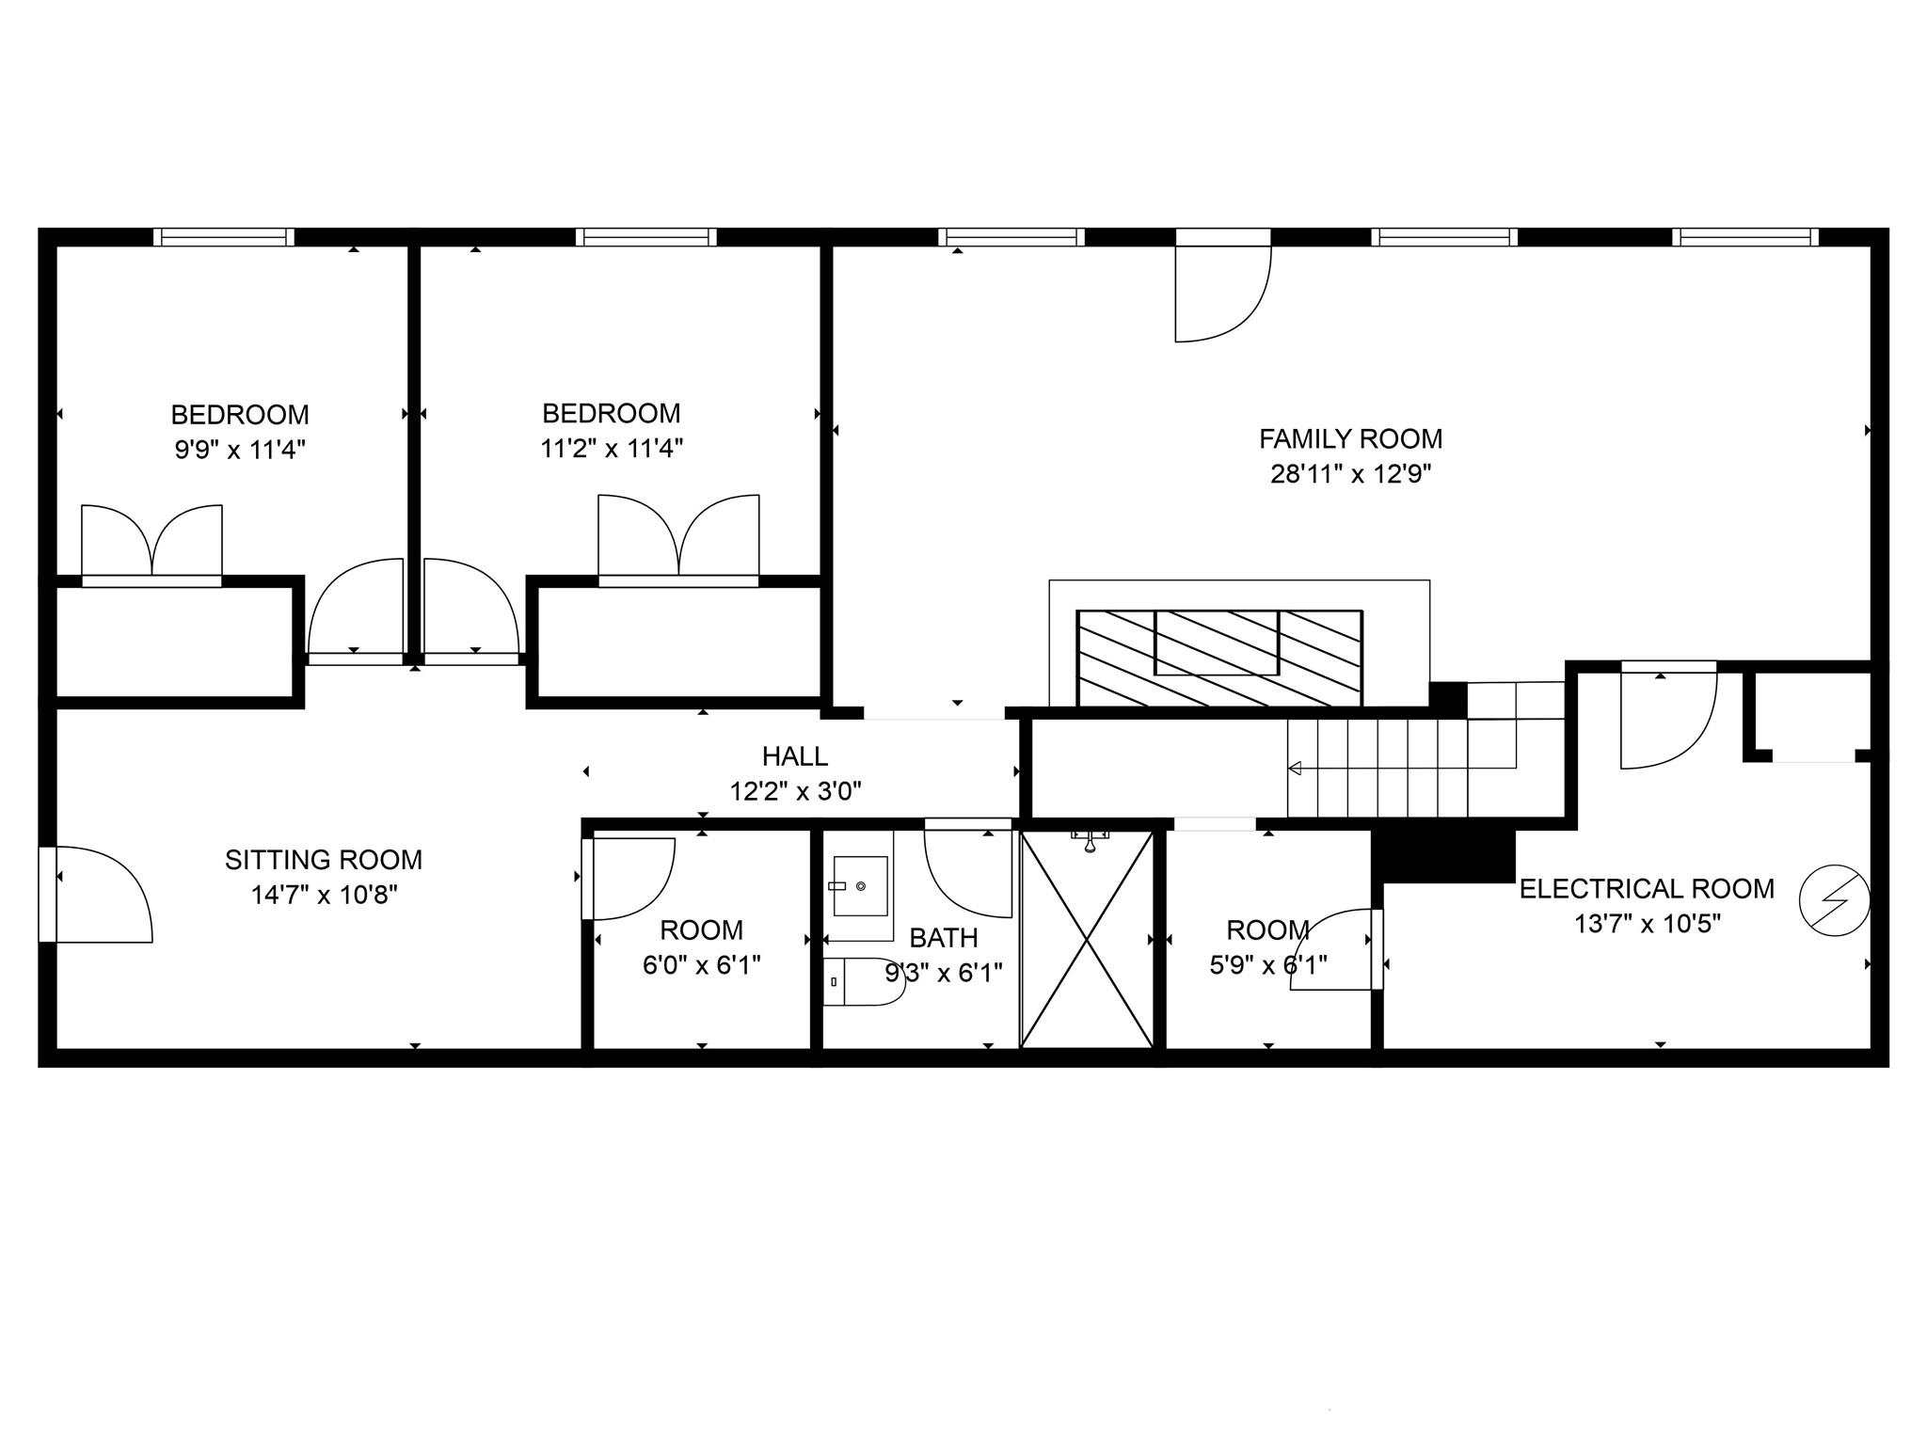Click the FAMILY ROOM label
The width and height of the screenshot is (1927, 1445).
1350,439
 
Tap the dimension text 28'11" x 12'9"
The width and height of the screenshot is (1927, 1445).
1350,474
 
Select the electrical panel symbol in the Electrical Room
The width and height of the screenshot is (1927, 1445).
1834,901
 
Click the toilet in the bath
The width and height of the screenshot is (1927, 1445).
861,981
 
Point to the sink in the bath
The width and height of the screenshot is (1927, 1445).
860,885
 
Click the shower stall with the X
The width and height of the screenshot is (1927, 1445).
1087,939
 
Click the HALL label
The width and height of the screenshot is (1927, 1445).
795,756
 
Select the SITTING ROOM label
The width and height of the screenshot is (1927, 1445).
324,860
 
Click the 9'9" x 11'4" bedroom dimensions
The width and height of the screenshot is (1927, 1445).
240,450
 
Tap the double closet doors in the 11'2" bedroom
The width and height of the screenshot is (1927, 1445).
678,536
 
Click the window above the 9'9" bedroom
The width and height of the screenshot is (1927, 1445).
224,237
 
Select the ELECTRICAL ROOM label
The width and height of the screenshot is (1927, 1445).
1647,889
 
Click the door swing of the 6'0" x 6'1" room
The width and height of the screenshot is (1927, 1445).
629,877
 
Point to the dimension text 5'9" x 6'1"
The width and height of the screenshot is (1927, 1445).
1267,965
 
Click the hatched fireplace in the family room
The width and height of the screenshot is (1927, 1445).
1218,657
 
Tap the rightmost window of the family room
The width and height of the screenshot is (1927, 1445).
1745,237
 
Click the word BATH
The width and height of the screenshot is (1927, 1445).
944,938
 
